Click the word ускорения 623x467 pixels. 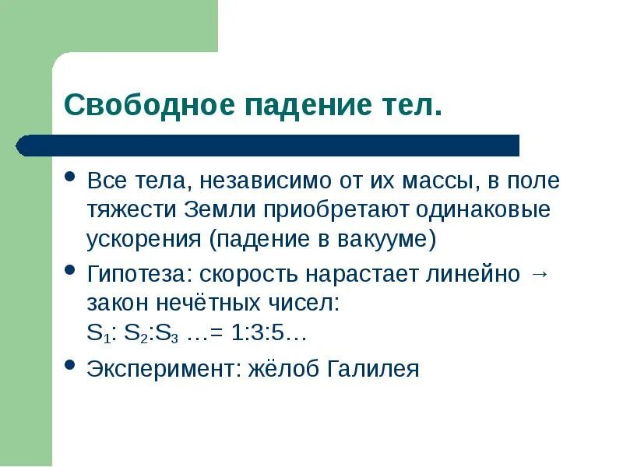pos(143,238)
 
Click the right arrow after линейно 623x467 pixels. pos(539,275)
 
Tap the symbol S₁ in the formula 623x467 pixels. pos(96,334)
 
